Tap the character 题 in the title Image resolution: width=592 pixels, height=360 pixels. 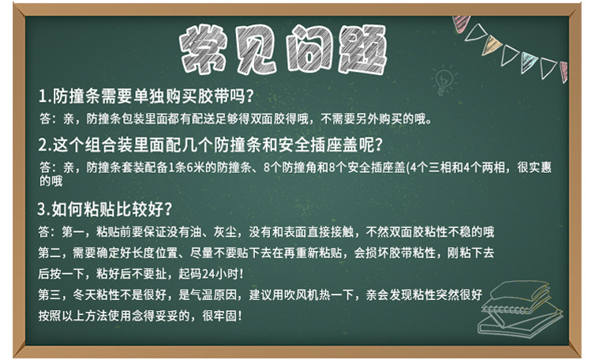click(362, 49)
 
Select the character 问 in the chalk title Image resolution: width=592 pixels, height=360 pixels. click(309, 49)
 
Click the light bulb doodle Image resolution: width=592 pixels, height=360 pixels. click(444, 80)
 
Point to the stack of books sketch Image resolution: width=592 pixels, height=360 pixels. click(520, 308)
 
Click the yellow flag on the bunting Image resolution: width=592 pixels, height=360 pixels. click(491, 45)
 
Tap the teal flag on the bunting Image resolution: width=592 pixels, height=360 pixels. click(528, 62)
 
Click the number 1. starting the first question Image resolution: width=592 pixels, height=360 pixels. click(44, 96)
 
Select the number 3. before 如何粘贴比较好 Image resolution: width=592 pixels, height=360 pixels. click(43, 209)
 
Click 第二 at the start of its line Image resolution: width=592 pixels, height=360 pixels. click(50, 253)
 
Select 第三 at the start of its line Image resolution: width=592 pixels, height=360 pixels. click(50, 294)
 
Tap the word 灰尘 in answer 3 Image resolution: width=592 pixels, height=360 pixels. click(225, 231)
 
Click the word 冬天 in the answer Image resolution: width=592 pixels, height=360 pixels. click(84, 294)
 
